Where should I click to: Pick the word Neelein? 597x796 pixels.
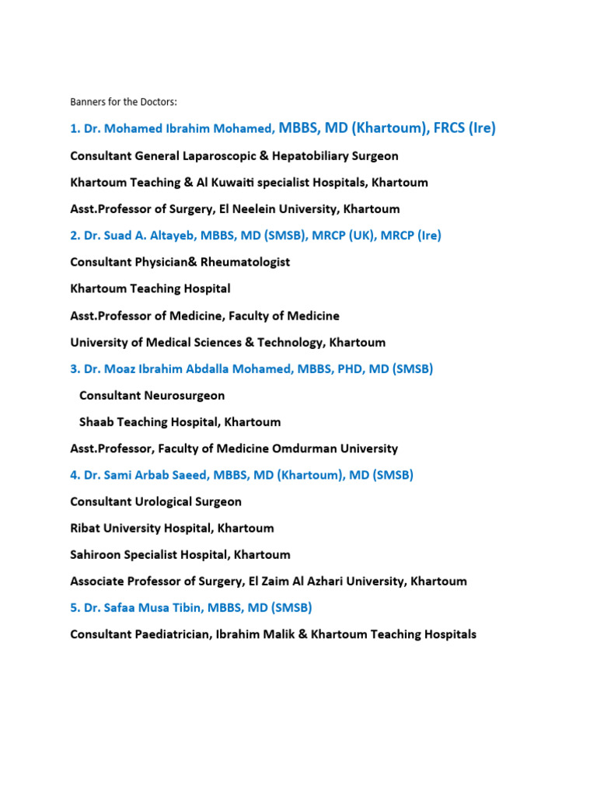pyautogui.click(x=233, y=209)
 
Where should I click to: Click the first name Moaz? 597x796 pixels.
pyautogui.click(x=122, y=368)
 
